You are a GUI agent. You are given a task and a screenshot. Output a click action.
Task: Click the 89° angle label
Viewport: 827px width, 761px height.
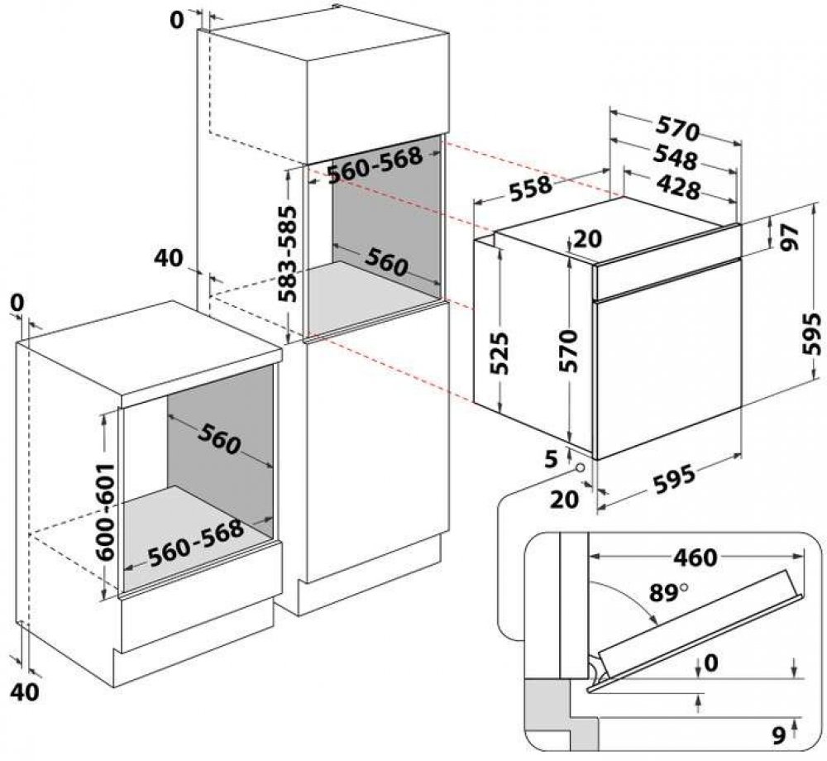pos(668,593)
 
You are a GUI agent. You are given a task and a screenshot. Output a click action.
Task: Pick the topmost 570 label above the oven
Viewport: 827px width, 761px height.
pos(676,131)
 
